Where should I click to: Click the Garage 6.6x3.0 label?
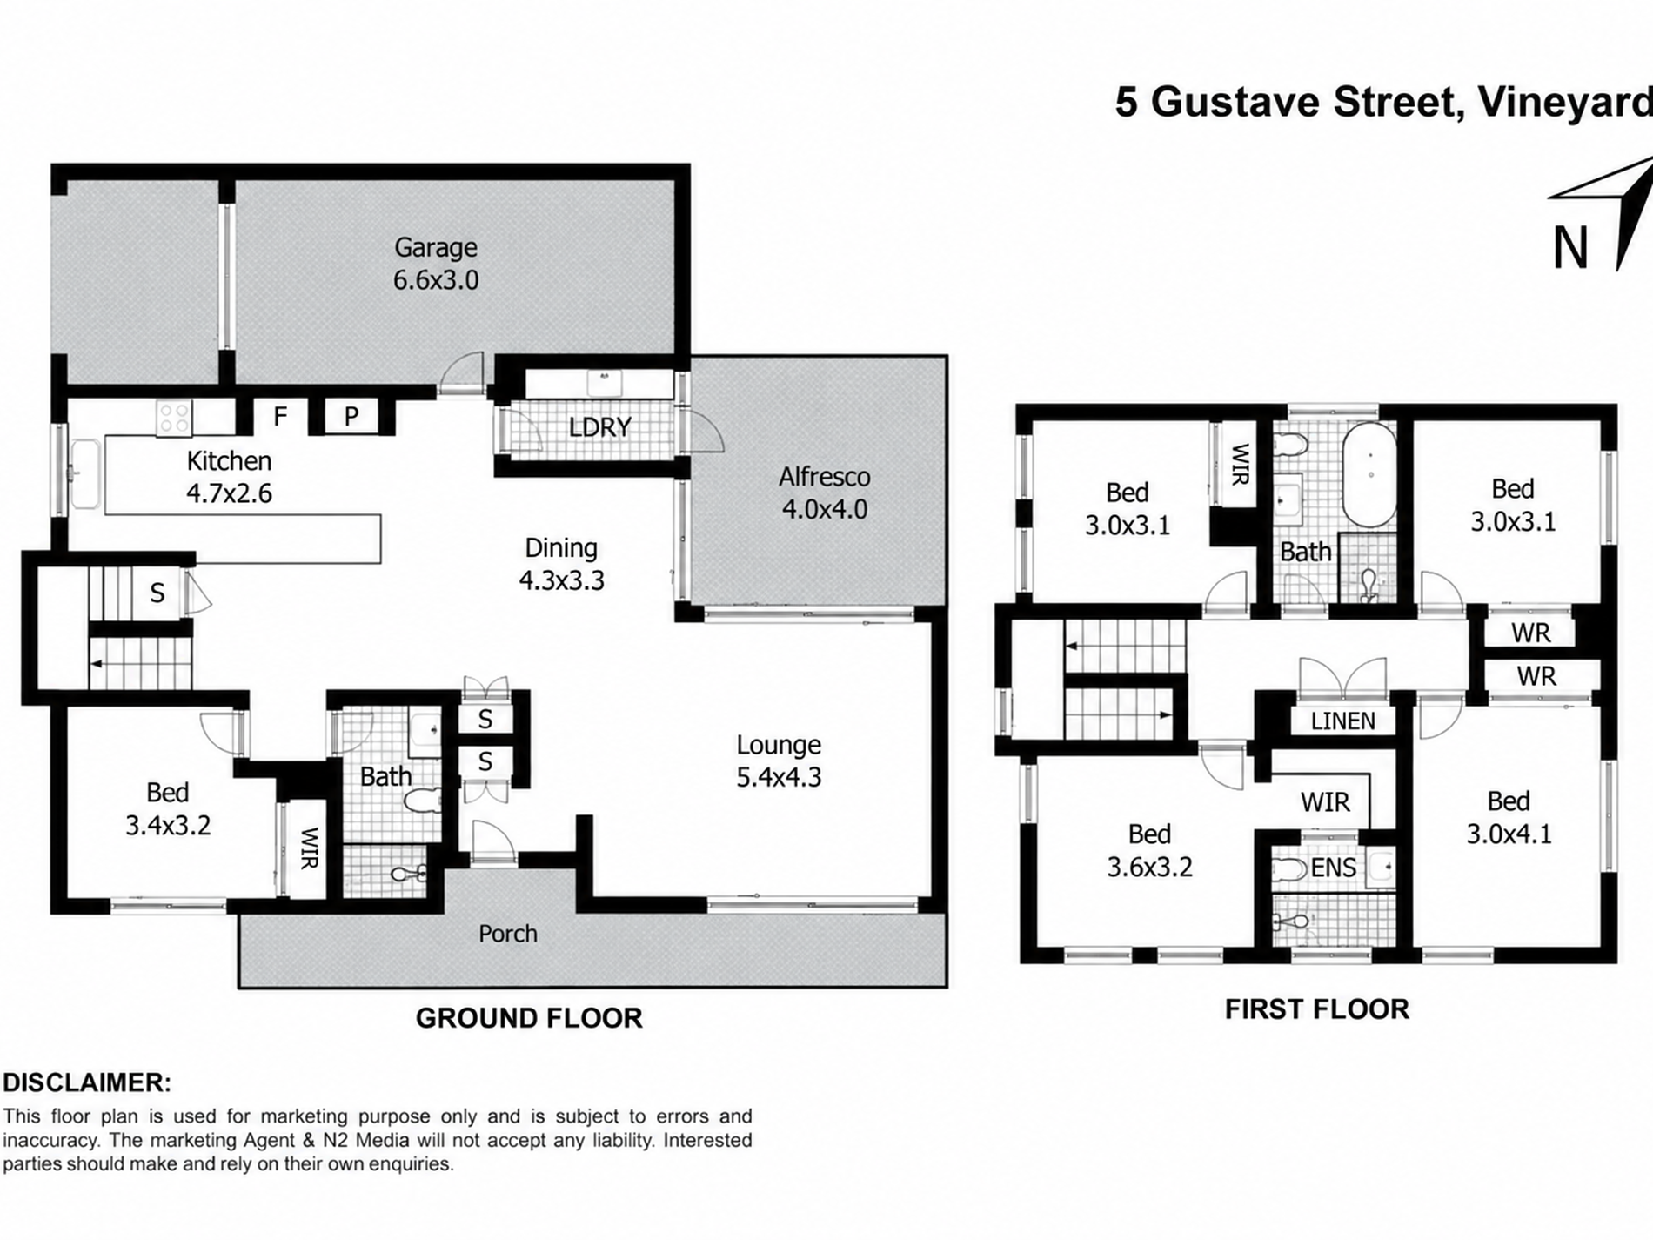(436, 264)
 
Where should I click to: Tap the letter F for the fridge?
(280, 417)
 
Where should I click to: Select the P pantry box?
(351, 417)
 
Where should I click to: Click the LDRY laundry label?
(600, 427)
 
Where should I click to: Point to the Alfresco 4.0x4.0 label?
(825, 493)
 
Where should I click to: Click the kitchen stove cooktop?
(173, 418)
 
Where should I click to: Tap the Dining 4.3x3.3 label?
(561, 564)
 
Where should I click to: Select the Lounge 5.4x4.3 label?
(779, 761)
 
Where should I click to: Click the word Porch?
(508, 934)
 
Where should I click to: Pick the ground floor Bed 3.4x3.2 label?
(168, 808)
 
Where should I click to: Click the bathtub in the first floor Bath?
(1369, 475)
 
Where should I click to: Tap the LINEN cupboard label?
(1343, 721)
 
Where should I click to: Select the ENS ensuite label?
(1333, 868)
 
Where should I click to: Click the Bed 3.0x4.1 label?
(1509, 817)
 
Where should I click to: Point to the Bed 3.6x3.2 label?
(1149, 850)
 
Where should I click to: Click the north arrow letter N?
(1570, 248)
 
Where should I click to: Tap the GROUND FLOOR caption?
(529, 1018)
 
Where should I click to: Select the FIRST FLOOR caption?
(1317, 1009)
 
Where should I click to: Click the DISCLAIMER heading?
(87, 1083)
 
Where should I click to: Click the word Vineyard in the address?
(1565, 103)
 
